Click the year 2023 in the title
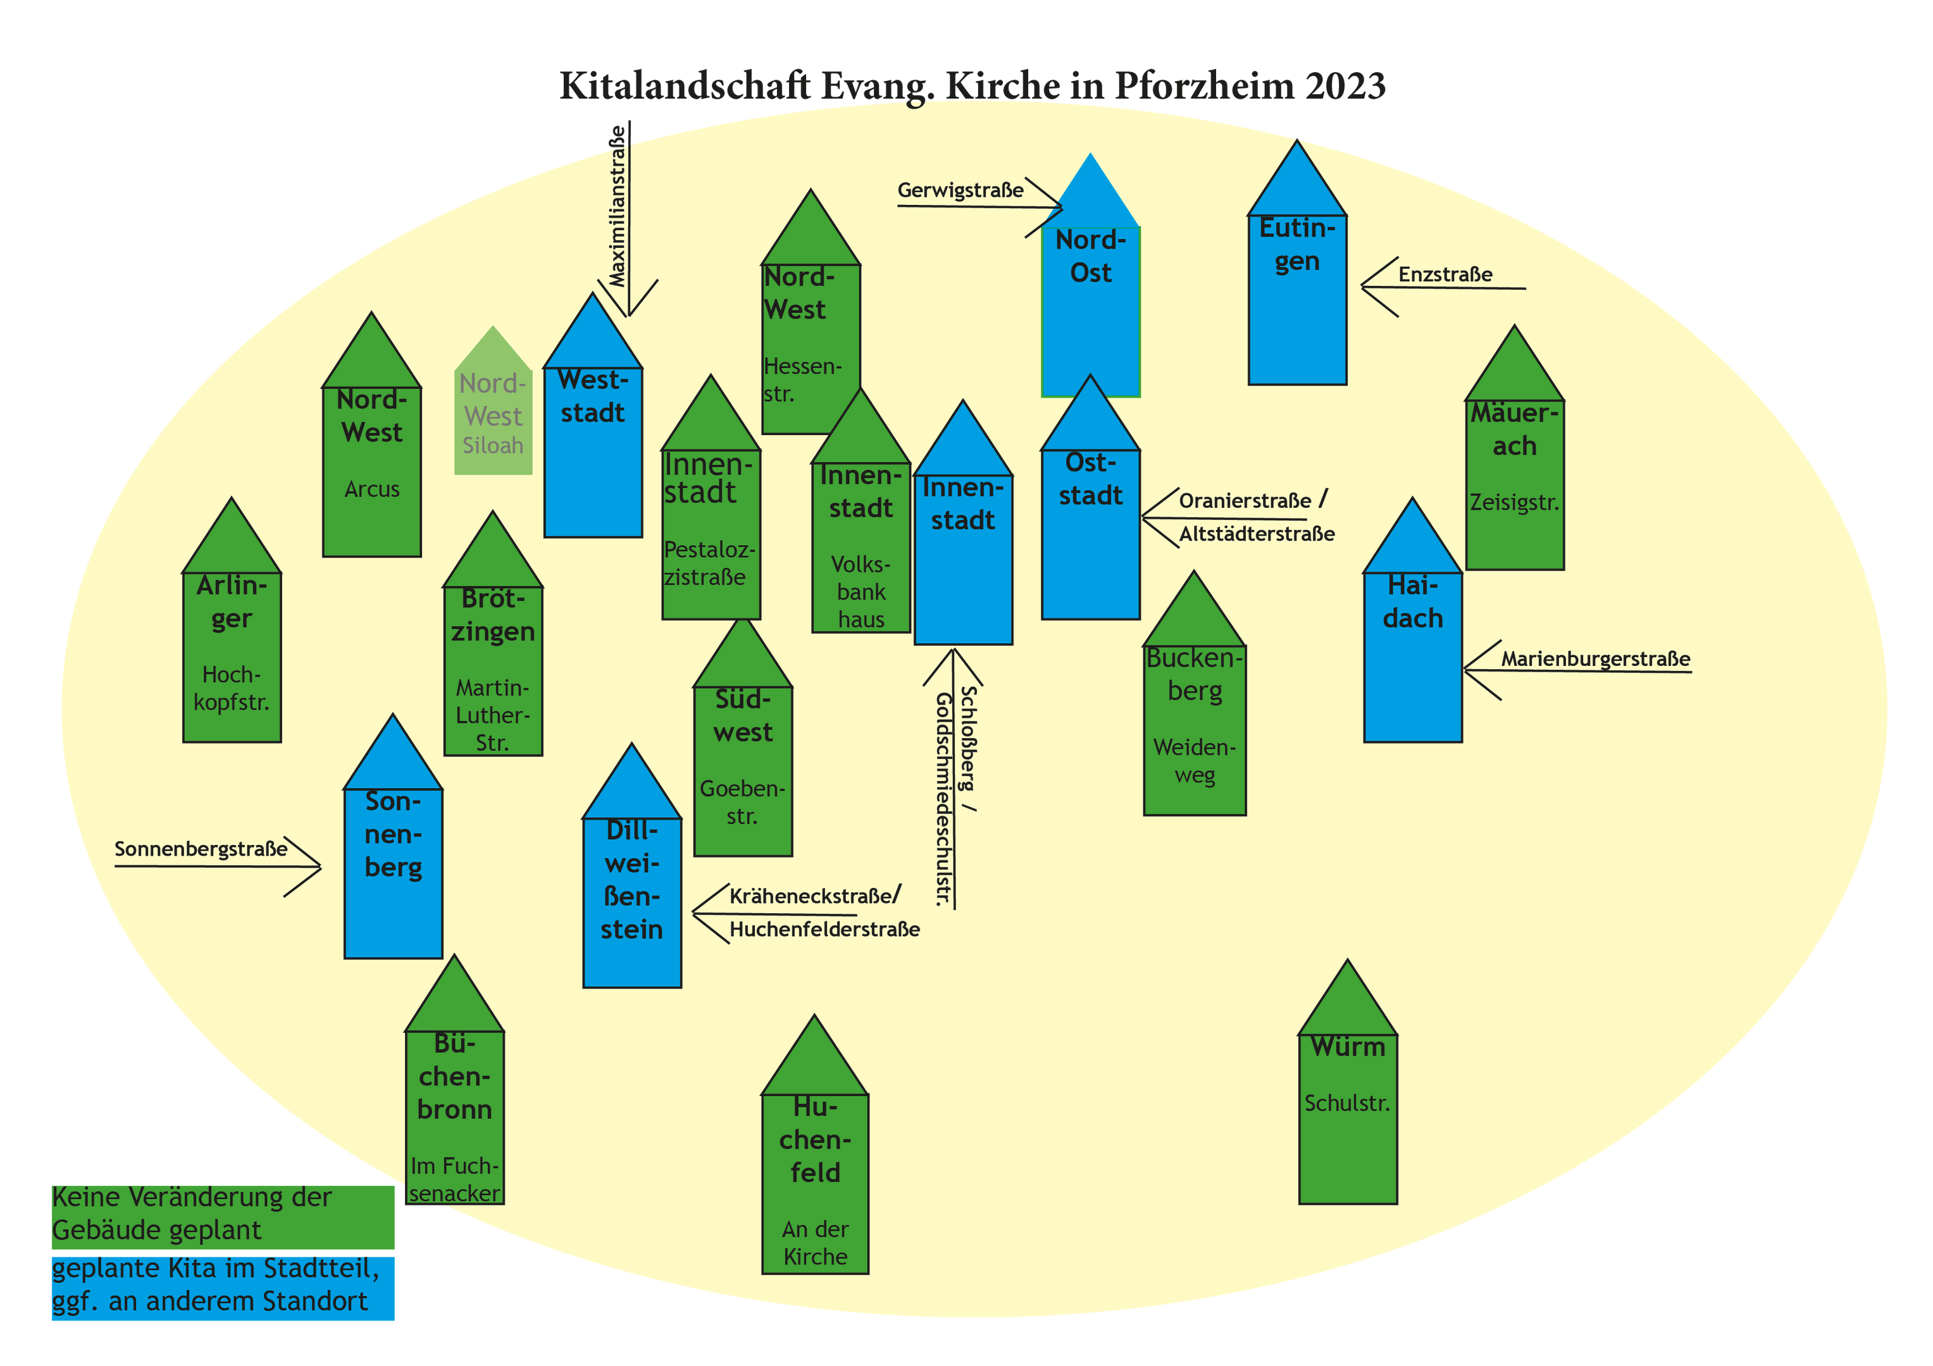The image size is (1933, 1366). point(1345,86)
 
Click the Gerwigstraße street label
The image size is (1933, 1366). point(960,190)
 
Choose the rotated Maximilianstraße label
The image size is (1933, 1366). point(618,206)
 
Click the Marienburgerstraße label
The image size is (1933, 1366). point(1595,659)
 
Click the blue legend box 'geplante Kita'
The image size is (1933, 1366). point(223,1289)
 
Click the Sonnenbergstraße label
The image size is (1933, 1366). point(201,849)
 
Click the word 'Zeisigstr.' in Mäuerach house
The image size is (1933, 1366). point(1515,503)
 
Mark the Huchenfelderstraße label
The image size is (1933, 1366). point(824,929)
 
